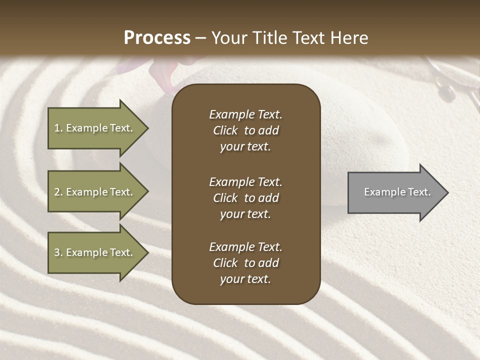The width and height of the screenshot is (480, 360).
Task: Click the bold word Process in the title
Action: [x=157, y=38]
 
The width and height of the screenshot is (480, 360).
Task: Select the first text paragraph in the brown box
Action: [x=245, y=130]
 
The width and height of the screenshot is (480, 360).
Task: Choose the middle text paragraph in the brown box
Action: [x=245, y=198]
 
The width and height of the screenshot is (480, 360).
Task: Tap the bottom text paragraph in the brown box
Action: [x=245, y=263]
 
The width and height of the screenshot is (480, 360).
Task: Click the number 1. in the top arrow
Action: [x=58, y=128]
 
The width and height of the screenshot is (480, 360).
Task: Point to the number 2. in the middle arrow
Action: [x=58, y=192]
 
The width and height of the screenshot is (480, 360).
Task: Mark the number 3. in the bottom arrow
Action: [x=58, y=252]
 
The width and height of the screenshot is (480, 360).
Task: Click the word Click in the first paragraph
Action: [x=225, y=130]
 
